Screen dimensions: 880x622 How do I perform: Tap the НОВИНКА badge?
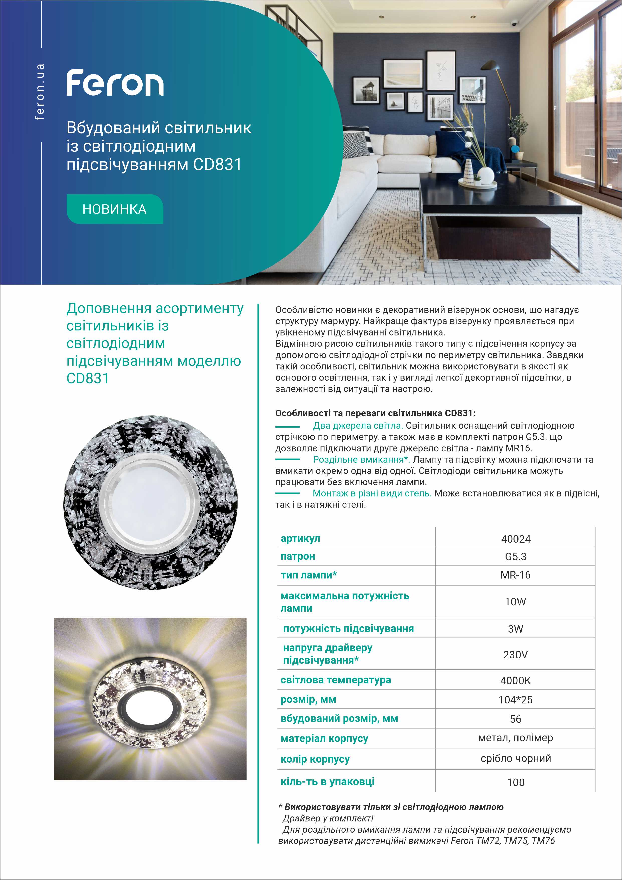[x=115, y=209]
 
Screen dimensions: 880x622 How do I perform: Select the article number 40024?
[x=515, y=539]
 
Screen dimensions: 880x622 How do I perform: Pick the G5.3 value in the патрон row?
[x=515, y=557]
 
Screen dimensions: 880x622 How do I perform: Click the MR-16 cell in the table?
[x=515, y=575]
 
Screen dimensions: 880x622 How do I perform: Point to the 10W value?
[x=515, y=602]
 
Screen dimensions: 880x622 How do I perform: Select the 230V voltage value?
[x=515, y=654]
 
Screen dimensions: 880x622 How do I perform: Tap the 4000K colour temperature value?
[x=515, y=681]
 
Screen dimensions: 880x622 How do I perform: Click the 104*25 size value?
[x=515, y=700]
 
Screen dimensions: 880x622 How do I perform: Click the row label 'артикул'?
[x=300, y=539]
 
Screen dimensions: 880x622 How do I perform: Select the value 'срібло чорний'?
[x=515, y=758]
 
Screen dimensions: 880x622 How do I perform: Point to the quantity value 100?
[x=515, y=783]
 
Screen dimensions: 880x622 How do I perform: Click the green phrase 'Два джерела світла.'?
[x=358, y=425]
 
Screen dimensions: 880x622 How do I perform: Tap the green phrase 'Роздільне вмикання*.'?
[x=361, y=460]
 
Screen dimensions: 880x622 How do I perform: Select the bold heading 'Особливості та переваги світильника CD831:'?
[x=375, y=414]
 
